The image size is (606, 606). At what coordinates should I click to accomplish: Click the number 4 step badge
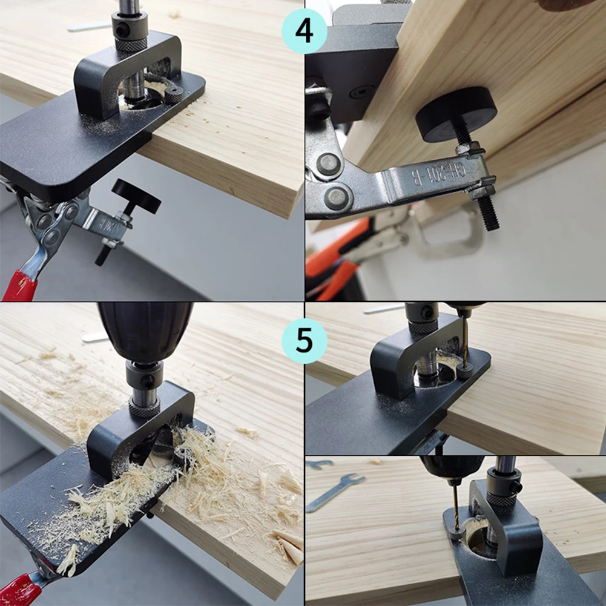[304, 31]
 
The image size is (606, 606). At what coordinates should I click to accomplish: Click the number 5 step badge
[304, 340]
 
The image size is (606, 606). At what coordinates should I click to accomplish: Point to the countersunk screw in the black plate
[361, 92]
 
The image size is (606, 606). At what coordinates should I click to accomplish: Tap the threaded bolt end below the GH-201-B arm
[487, 213]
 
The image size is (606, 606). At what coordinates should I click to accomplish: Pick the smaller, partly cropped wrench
[319, 464]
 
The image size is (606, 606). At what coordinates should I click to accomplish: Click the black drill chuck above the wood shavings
[145, 330]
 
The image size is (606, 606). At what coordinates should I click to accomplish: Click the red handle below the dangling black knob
[21, 285]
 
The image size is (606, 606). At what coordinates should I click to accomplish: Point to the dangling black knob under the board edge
[136, 196]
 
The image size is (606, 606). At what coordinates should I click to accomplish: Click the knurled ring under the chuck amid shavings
[144, 409]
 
